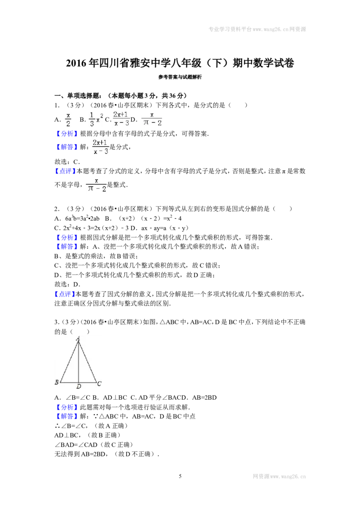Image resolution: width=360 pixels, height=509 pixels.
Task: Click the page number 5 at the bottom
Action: pyautogui.click(x=180, y=476)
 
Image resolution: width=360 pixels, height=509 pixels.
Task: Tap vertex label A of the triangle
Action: pyautogui.click(x=78, y=339)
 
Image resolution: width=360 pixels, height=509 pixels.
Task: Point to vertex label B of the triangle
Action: pyautogui.click(x=57, y=382)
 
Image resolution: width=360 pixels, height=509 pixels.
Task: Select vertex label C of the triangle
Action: pyautogui.click(x=99, y=384)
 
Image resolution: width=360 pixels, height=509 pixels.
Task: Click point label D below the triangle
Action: pyautogui.click(x=79, y=386)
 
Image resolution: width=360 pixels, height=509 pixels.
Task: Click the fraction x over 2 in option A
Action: pyautogui.click(x=68, y=120)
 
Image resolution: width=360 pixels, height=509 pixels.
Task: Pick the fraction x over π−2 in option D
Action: pyautogui.click(x=152, y=119)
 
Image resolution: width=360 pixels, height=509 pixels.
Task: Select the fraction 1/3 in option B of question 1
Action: pyautogui.click(x=92, y=119)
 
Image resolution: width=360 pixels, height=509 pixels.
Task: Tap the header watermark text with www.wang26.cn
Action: pyautogui.click(x=257, y=29)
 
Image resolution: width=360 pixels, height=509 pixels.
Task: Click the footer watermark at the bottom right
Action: pyautogui.click(x=279, y=477)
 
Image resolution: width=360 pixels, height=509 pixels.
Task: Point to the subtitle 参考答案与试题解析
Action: pyautogui.click(x=180, y=77)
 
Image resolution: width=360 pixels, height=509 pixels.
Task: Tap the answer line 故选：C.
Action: pyautogui.click(x=67, y=162)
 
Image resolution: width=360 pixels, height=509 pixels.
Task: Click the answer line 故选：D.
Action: pyautogui.click(x=67, y=284)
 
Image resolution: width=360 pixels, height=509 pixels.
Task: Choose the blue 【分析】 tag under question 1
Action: pyautogui.click(x=66, y=134)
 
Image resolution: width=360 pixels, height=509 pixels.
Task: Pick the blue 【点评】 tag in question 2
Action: pyautogui.click(x=65, y=294)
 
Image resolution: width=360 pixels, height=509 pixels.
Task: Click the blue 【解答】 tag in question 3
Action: pyautogui.click(x=66, y=416)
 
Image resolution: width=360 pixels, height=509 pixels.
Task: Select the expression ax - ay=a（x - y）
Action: pyautogui.click(x=165, y=228)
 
